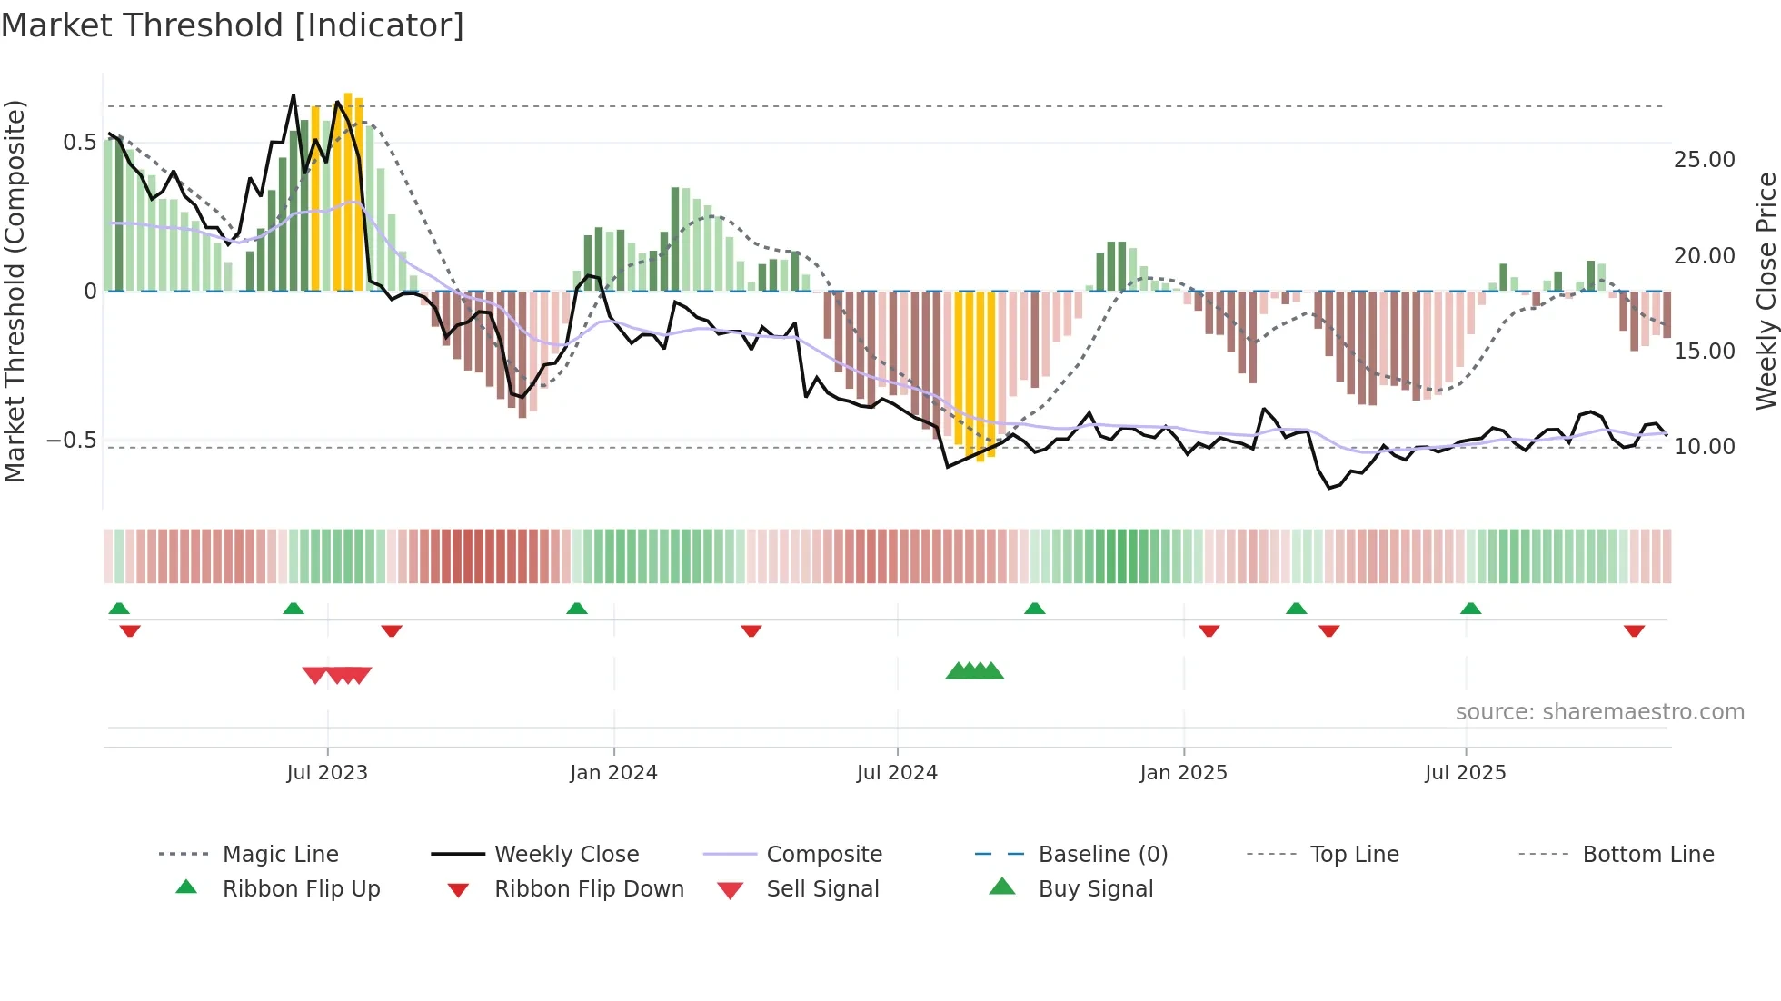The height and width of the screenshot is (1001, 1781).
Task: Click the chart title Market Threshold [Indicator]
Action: [x=233, y=25]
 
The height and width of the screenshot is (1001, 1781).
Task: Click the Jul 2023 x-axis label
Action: [x=327, y=773]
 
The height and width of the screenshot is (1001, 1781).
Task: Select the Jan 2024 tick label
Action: [x=613, y=773]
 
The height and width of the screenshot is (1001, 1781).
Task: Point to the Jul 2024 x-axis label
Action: [x=897, y=773]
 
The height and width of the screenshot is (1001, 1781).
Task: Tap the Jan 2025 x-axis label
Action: [x=1183, y=773]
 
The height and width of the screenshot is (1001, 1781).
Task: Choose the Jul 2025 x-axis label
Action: [x=1465, y=773]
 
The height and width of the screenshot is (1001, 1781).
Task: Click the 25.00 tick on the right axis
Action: [x=1704, y=160]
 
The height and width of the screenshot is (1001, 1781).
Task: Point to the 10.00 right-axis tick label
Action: [x=1704, y=447]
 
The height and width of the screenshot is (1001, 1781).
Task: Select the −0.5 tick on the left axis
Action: [x=72, y=441]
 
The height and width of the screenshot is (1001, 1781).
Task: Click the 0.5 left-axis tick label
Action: [x=79, y=143]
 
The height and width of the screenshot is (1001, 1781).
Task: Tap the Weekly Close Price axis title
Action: [x=1766, y=291]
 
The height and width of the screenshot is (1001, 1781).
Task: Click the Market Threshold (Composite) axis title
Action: [x=15, y=291]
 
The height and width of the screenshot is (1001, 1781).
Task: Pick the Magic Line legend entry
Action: [x=280, y=855]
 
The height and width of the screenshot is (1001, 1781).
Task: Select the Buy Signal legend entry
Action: [x=1095, y=889]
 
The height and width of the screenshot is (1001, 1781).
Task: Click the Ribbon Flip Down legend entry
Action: [x=588, y=889]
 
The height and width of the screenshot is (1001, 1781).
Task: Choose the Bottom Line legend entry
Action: [x=1647, y=855]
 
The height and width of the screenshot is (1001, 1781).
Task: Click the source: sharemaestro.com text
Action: [x=1599, y=712]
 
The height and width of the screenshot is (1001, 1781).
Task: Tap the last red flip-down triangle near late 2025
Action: [x=1634, y=630]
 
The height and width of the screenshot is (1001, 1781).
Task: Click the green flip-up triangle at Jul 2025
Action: [x=1470, y=609]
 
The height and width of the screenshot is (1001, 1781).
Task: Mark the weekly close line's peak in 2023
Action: [x=294, y=96]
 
